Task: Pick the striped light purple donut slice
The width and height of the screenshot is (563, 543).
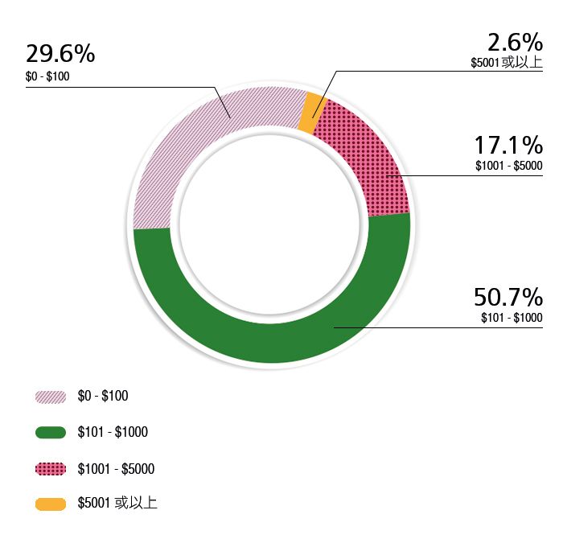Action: pyautogui.click(x=201, y=145)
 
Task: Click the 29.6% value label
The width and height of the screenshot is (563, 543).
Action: pyautogui.click(x=60, y=54)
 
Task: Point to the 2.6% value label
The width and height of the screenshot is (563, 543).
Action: pyautogui.click(x=515, y=41)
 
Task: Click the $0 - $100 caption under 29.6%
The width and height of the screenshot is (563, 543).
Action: pyautogui.click(x=48, y=77)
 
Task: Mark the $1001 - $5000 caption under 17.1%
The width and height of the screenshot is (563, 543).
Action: pyautogui.click(x=508, y=167)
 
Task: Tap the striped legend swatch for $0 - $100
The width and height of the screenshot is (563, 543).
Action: pyautogui.click(x=51, y=397)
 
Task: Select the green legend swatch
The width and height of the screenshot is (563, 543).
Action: pyautogui.click(x=51, y=433)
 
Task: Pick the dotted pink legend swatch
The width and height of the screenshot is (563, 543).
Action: pyautogui.click(x=51, y=469)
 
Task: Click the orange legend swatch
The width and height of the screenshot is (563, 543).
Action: pyautogui.click(x=51, y=504)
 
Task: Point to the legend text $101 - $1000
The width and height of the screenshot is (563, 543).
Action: pyautogui.click(x=113, y=433)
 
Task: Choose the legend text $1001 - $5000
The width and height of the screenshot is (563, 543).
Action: pyautogui.click(x=116, y=469)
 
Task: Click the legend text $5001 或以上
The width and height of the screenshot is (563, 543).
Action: pyautogui.click(x=117, y=504)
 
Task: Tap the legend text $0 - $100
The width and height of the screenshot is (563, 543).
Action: pyautogui.click(x=103, y=396)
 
